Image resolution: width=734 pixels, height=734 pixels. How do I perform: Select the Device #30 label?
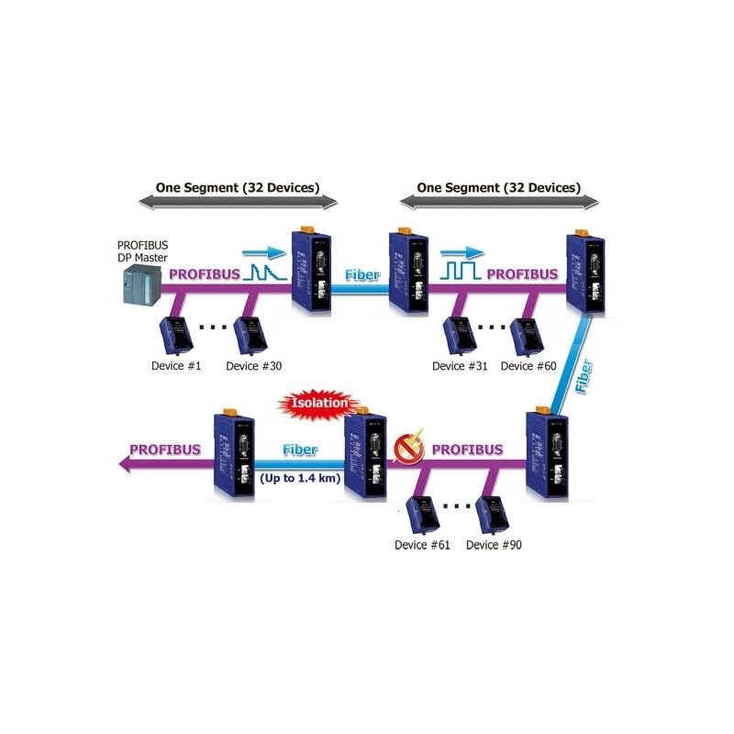255,365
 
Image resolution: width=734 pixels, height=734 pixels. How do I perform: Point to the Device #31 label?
462,365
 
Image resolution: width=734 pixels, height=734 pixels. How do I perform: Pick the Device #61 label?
423,544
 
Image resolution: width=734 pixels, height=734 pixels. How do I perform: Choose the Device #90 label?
495,544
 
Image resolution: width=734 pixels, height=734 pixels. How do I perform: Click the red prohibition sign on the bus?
401,449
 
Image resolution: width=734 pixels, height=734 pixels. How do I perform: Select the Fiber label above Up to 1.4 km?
300,450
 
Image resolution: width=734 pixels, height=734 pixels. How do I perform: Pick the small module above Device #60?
525,335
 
